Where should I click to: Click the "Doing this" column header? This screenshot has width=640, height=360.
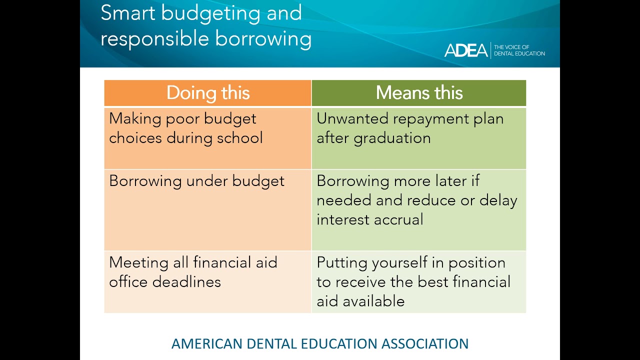pos(207,93)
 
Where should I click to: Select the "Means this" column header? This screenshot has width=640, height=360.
pos(419,93)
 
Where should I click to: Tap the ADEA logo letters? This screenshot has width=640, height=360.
pos(466,50)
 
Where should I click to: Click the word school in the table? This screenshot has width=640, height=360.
pos(239,138)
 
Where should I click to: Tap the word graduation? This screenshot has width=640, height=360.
pos(392,138)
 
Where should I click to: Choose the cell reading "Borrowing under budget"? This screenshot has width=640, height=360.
pos(196,181)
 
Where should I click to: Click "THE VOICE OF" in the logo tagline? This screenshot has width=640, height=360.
pos(511,47)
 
